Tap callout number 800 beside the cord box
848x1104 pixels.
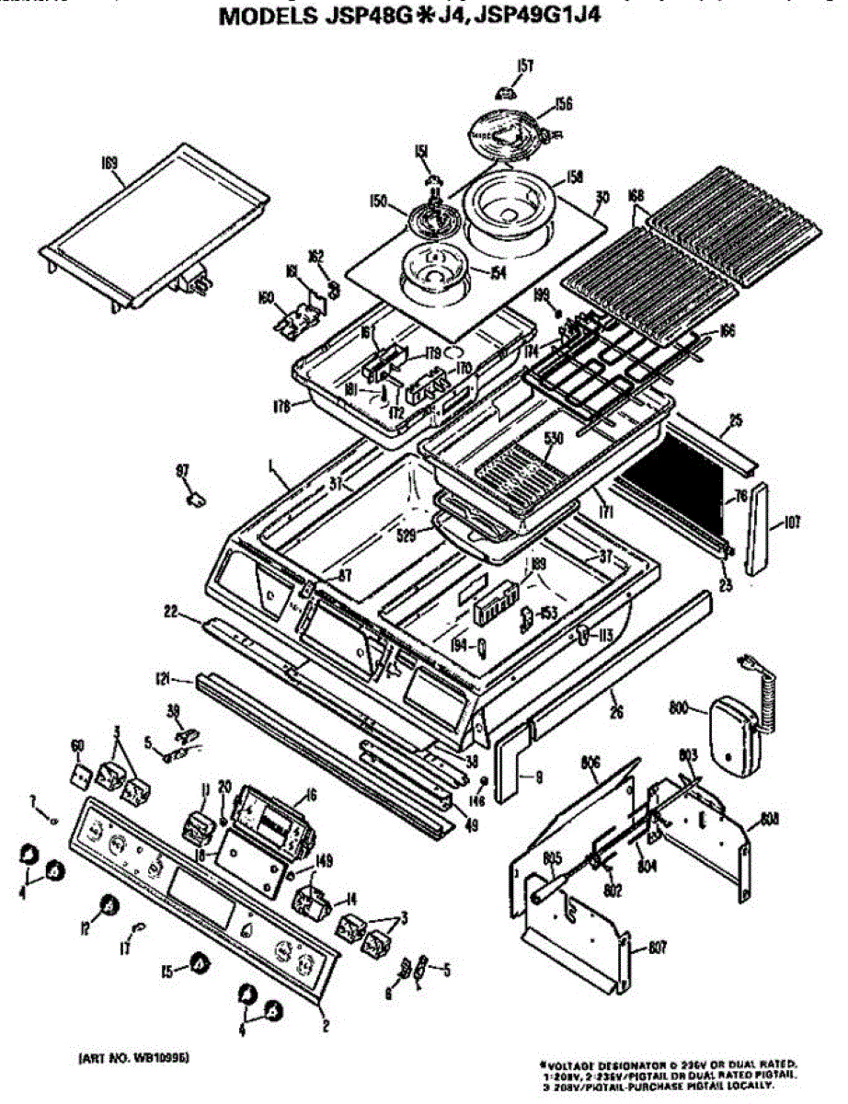679,707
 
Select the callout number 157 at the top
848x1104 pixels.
525,65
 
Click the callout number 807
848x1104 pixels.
655,947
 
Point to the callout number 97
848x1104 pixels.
182,472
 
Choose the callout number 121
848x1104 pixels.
163,680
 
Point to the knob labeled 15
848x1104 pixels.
198,965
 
